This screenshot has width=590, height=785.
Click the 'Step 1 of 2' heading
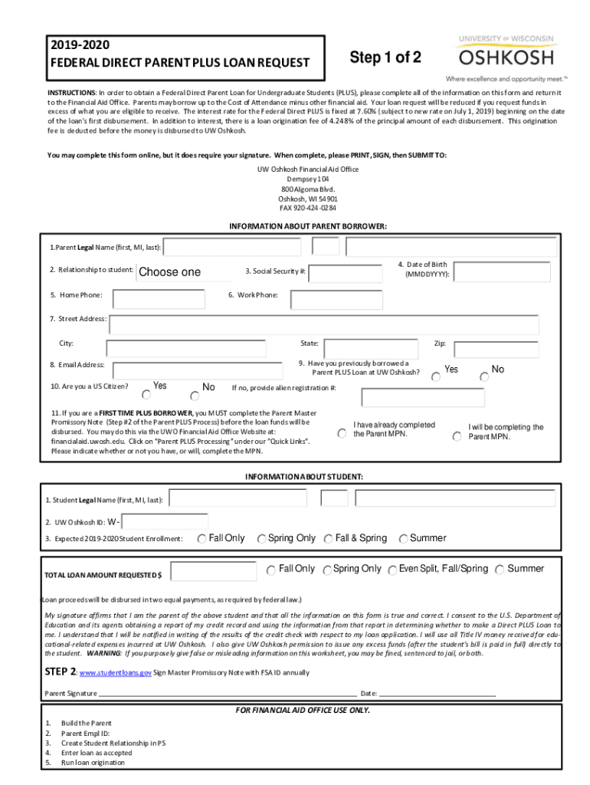[x=385, y=57]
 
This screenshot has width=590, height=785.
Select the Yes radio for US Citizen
[x=146, y=394]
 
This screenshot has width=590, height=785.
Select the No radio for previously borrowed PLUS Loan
[x=483, y=376]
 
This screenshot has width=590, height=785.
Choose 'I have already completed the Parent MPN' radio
[x=342, y=433]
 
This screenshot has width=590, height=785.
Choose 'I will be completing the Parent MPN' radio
[x=457, y=436]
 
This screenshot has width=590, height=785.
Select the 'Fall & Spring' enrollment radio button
[x=328, y=539]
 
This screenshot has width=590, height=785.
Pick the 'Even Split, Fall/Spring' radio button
[x=392, y=570]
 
